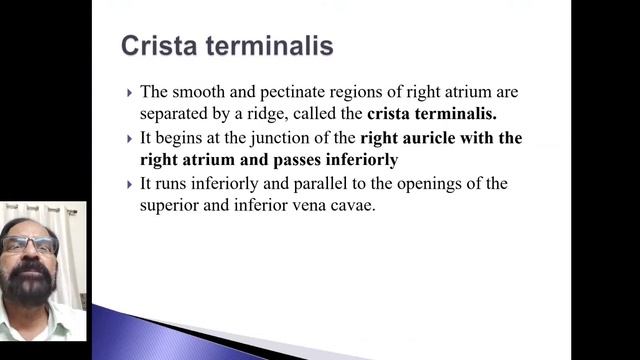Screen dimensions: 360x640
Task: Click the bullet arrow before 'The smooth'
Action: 129,92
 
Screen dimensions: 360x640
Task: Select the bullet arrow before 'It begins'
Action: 129,138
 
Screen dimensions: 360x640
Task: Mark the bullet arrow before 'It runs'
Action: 129,184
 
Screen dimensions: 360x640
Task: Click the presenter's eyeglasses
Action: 30,245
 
